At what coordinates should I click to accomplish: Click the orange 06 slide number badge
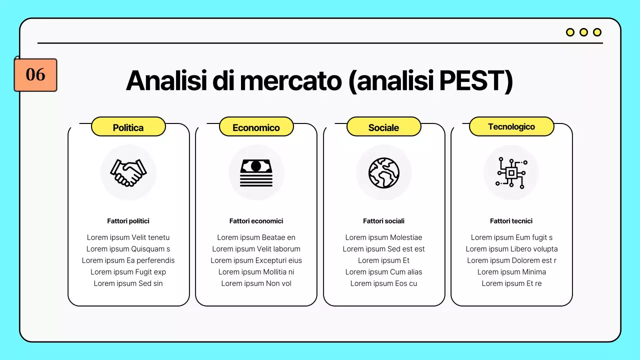pyautogui.click(x=35, y=75)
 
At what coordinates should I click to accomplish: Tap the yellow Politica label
pyautogui.click(x=128, y=127)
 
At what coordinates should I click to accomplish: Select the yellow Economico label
pyautogui.click(x=256, y=127)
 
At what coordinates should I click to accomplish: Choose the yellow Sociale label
pyautogui.click(x=383, y=127)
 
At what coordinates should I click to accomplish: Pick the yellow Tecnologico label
pyautogui.click(x=511, y=126)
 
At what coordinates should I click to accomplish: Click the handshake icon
pyautogui.click(x=128, y=172)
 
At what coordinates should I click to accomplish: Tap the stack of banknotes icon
pyautogui.click(x=256, y=172)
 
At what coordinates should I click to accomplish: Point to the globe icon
pyautogui.click(x=384, y=172)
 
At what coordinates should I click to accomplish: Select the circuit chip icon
pyautogui.click(x=511, y=172)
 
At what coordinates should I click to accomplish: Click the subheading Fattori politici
pyautogui.click(x=128, y=221)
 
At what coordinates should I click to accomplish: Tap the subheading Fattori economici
pyautogui.click(x=256, y=221)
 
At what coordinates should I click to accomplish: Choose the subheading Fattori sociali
pyautogui.click(x=383, y=221)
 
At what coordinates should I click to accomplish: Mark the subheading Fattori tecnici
pyautogui.click(x=511, y=221)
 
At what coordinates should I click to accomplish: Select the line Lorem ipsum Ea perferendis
pyautogui.click(x=128, y=260)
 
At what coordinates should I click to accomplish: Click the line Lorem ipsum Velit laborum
pyautogui.click(x=256, y=249)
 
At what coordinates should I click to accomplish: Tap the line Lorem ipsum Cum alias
pyautogui.click(x=383, y=272)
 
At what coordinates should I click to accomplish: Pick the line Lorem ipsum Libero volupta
pyautogui.click(x=511, y=249)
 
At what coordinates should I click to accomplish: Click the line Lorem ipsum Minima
pyautogui.click(x=511, y=272)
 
